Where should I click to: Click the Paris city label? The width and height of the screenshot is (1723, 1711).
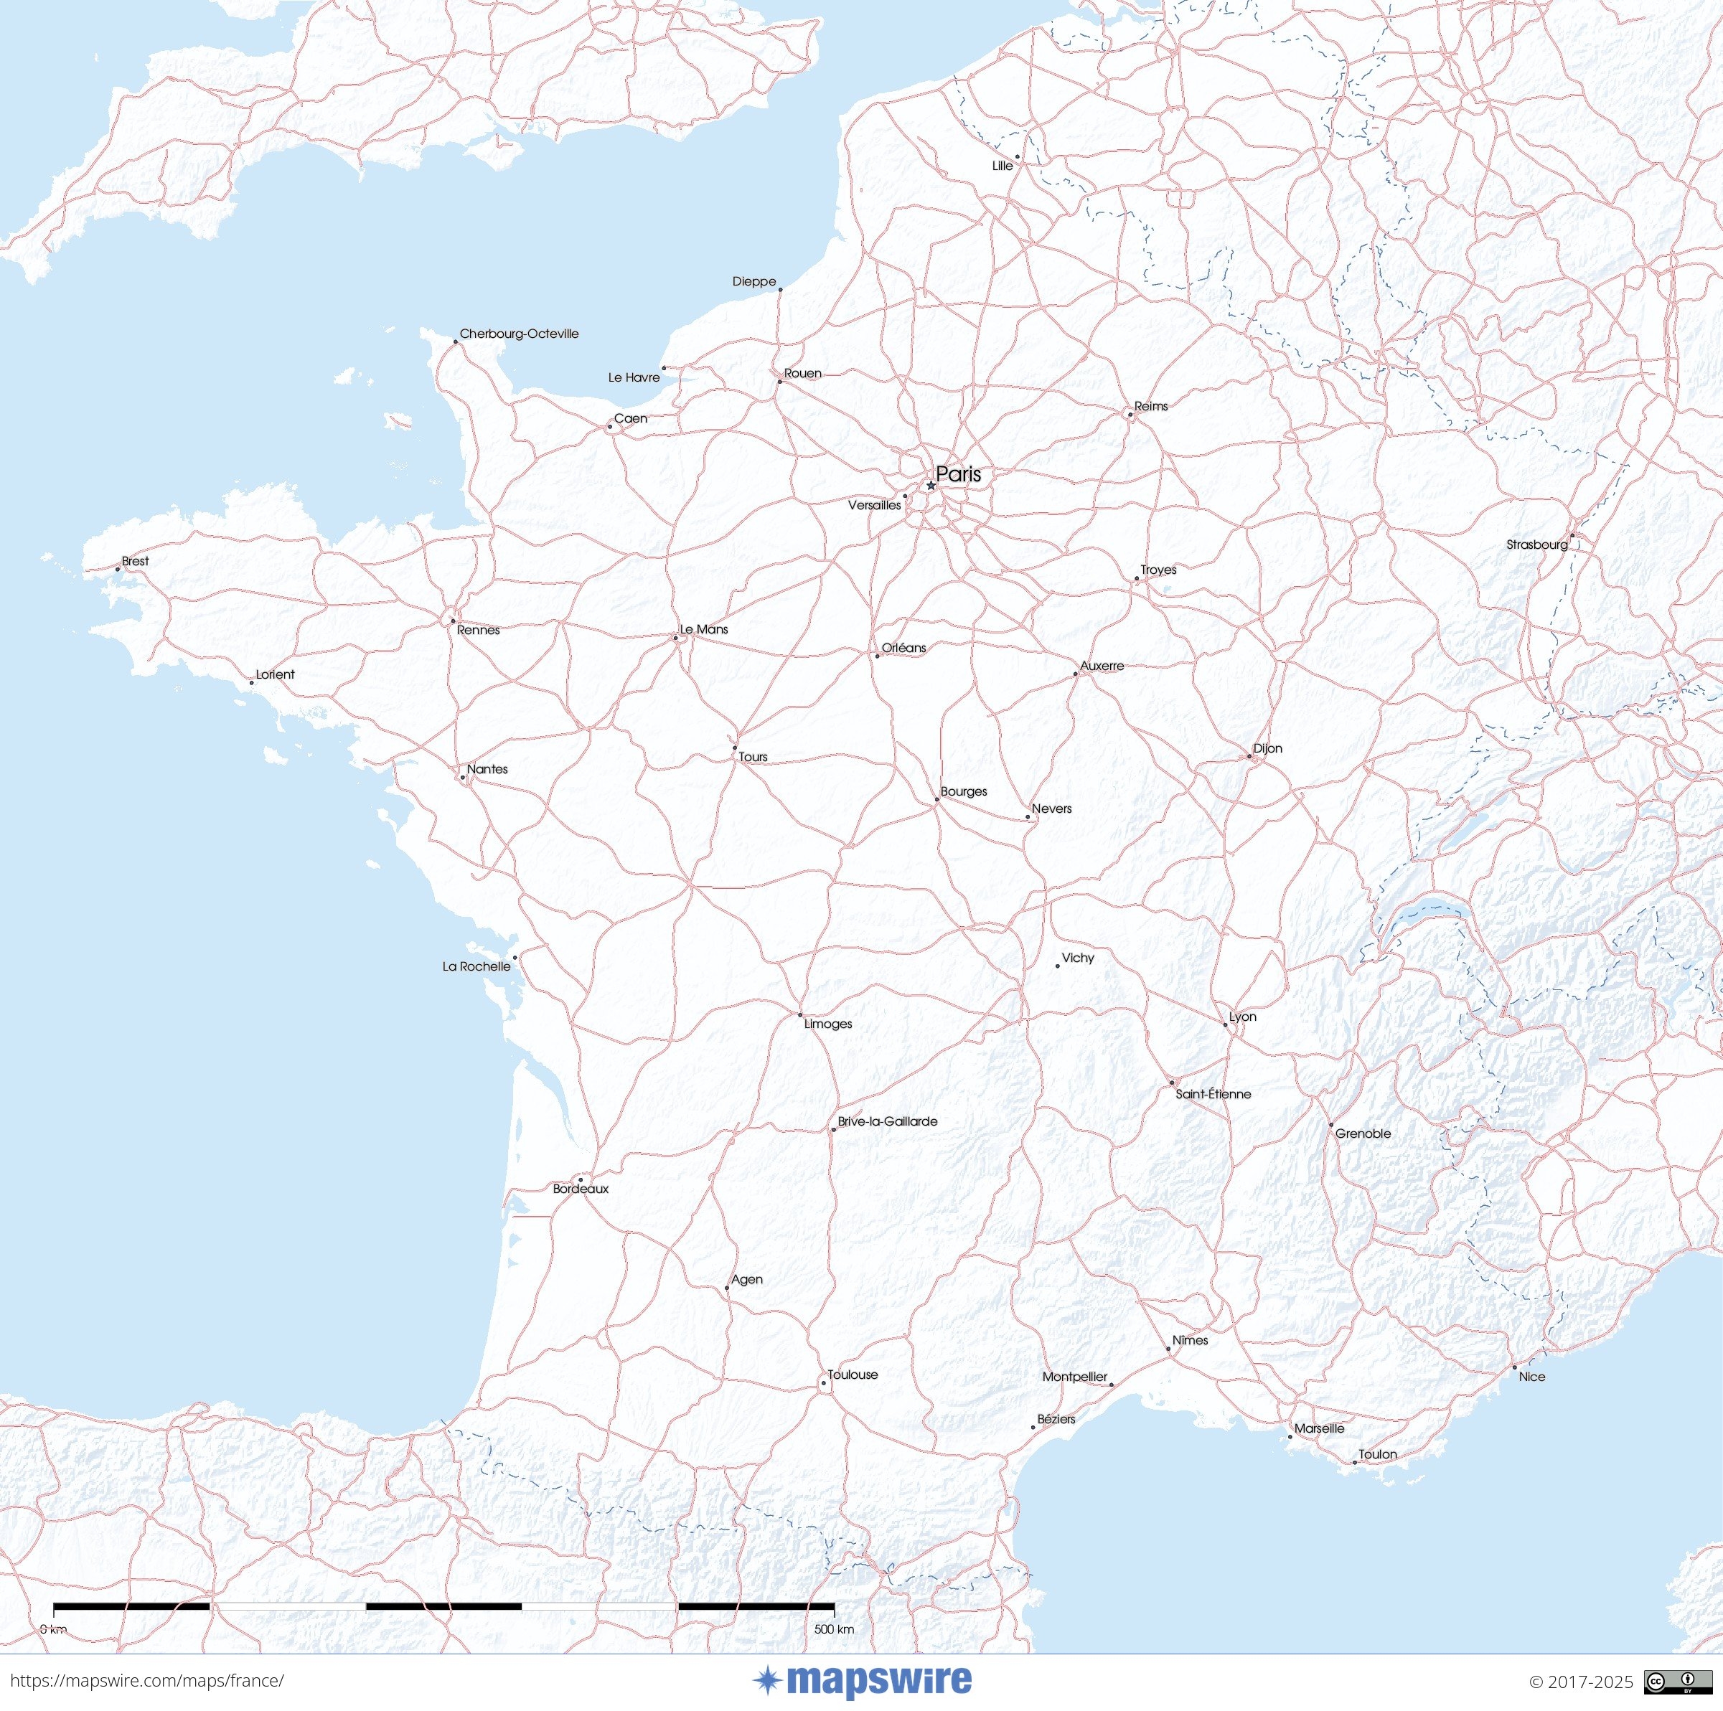[x=958, y=474]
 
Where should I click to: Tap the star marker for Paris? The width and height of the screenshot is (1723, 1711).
[x=930, y=486]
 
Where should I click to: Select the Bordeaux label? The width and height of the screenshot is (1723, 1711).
[x=581, y=1189]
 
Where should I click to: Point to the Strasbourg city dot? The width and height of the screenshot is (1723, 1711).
[x=1572, y=536]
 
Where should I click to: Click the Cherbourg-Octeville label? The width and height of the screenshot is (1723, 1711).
[x=519, y=334]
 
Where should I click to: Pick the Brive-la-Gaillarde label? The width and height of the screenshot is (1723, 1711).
[x=888, y=1121]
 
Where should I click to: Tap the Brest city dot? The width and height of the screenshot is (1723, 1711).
[x=118, y=569]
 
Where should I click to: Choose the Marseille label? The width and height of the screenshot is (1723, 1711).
[x=1319, y=1428]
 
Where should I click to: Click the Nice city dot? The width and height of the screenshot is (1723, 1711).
[x=1514, y=1367]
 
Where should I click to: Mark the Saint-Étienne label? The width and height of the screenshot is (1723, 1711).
[x=1213, y=1094]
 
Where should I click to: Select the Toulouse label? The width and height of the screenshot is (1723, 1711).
[x=853, y=1374]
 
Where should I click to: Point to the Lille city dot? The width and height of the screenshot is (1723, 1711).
[x=1017, y=157]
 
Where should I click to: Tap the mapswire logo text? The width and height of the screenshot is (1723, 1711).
[x=878, y=1681]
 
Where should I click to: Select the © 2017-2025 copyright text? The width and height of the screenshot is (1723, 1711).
[x=1581, y=1682]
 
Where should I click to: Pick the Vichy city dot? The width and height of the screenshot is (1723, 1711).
[x=1058, y=966]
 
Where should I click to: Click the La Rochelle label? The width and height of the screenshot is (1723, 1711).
[x=476, y=966]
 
